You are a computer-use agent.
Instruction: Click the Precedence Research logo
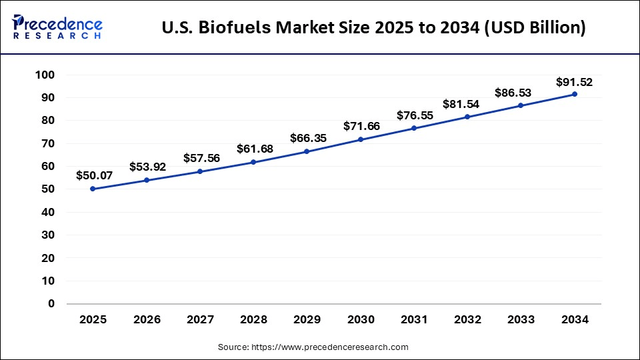(57, 27)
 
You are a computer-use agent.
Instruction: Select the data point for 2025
(93, 189)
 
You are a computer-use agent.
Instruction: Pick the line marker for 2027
(200, 171)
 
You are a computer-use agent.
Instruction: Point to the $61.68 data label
(254, 149)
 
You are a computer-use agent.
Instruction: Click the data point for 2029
(307, 151)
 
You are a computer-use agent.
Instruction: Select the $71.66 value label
(361, 126)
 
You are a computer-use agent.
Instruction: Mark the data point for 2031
(415, 128)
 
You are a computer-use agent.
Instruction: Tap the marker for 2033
(521, 105)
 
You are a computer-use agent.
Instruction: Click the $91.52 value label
(574, 83)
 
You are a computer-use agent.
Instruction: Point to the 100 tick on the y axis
(45, 75)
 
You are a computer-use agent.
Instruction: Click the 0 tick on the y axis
(51, 303)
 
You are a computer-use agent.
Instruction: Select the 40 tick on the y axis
(47, 212)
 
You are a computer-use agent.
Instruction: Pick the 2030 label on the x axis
(361, 320)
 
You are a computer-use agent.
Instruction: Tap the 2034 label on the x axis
(575, 320)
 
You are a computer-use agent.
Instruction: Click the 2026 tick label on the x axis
(147, 320)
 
